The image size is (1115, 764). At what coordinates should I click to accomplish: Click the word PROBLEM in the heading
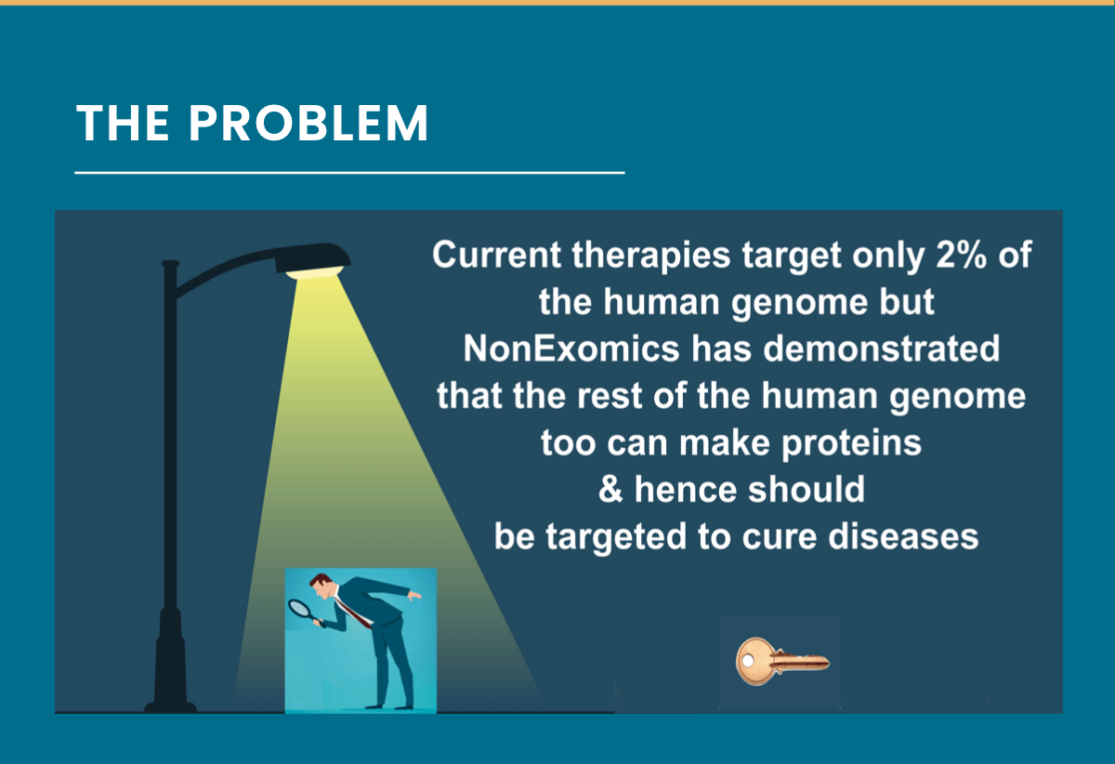pos(308,123)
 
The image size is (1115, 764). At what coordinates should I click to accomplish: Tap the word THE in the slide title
pos(123,123)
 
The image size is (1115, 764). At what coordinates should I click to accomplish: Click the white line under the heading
pos(349,173)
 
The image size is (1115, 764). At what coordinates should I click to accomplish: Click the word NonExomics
pos(571,349)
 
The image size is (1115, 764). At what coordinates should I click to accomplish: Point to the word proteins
pos(851,442)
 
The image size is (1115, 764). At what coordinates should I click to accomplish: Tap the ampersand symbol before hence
pos(610,489)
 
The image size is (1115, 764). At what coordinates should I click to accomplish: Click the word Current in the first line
pos(497,255)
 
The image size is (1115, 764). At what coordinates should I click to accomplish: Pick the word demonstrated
pos(882,349)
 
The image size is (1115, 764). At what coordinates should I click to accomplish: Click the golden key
pos(782,662)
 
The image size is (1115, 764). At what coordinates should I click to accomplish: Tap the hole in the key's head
pos(748,661)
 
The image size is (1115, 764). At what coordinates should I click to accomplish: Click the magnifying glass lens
pos(299,608)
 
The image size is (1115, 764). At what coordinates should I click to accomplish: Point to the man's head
pos(322,587)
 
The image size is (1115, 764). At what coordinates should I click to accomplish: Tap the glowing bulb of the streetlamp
pos(315,272)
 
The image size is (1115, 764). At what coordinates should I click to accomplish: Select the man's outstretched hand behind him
pos(414,595)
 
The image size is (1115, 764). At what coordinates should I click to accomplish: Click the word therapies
pos(651,256)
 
